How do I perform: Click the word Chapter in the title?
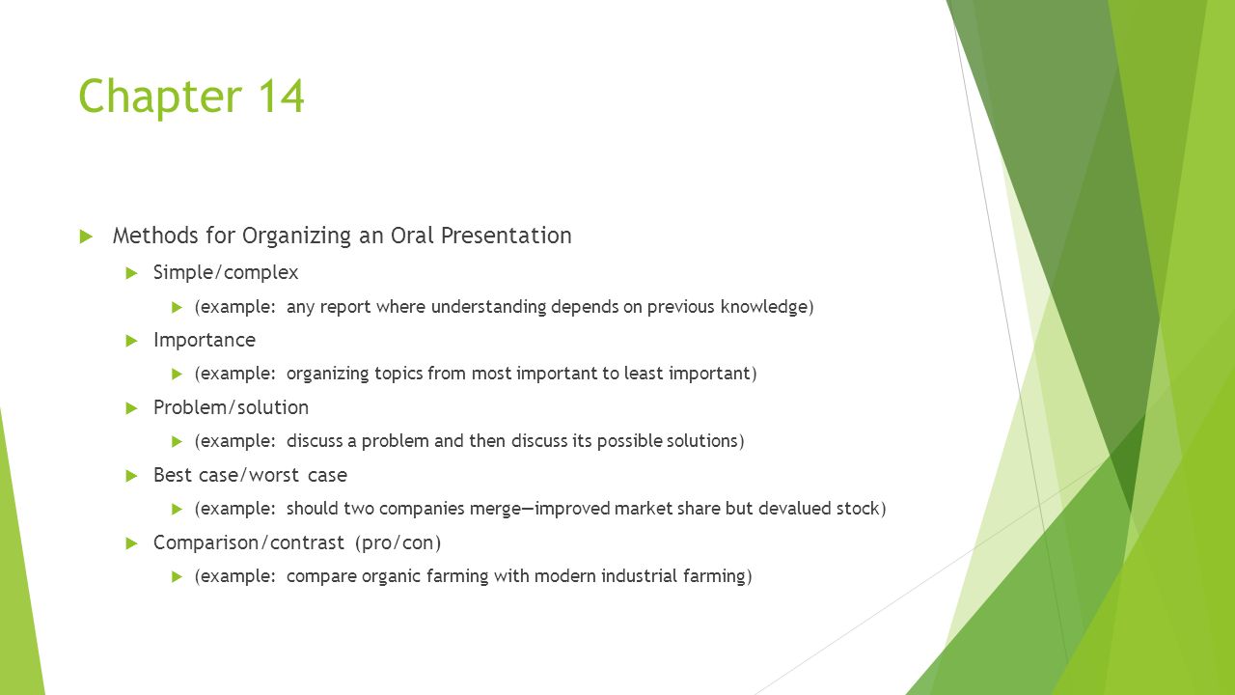click(x=160, y=97)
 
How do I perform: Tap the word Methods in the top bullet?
click(x=155, y=236)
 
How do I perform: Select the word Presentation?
click(x=507, y=236)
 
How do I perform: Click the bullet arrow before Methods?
click(x=86, y=236)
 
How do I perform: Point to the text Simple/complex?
click(x=226, y=272)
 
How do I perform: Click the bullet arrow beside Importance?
click(x=131, y=341)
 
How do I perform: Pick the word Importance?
click(x=205, y=341)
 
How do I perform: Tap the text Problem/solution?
click(x=231, y=407)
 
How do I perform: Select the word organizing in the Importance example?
click(x=327, y=374)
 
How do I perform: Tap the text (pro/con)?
click(x=398, y=542)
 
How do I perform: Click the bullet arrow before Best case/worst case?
click(x=131, y=476)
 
